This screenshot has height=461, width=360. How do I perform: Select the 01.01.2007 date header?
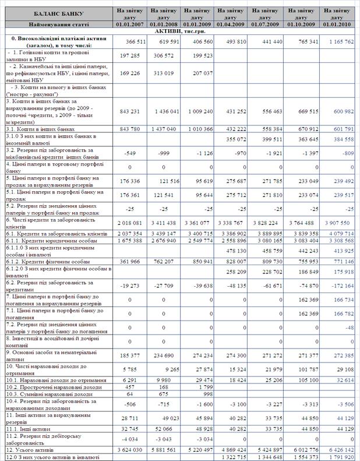click(x=129, y=24)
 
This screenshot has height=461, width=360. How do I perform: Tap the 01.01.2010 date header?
click(x=338, y=24)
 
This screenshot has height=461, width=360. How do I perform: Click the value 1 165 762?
click(x=339, y=41)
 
